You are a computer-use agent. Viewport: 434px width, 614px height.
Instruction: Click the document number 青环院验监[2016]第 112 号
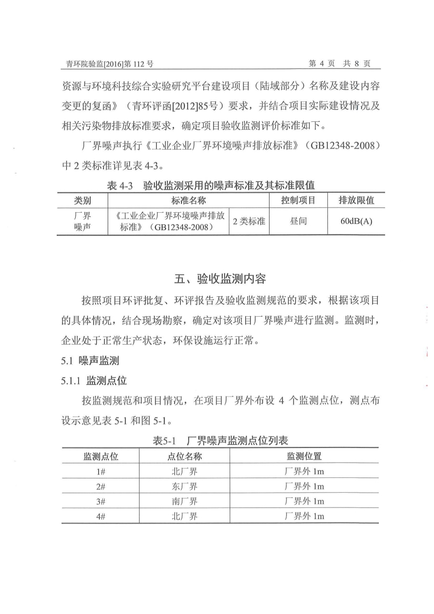point(107,64)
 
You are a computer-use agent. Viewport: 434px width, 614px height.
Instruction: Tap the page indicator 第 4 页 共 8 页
point(339,64)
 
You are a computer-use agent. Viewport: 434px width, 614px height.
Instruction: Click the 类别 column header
point(82,200)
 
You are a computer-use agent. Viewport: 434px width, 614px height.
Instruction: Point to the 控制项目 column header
point(298,200)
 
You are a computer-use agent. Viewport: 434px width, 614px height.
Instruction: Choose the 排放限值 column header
point(356,200)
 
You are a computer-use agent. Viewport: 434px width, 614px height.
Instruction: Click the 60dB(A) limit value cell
point(356,221)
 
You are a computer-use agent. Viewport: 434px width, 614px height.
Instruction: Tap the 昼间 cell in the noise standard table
point(298,221)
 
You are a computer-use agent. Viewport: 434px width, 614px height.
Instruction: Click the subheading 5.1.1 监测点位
point(94,380)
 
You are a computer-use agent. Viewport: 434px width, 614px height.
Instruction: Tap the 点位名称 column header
point(184,456)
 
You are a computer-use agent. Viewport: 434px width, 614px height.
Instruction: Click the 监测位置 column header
point(304,456)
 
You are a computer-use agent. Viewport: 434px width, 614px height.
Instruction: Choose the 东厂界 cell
point(184,486)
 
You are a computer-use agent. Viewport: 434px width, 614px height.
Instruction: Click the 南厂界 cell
point(184,502)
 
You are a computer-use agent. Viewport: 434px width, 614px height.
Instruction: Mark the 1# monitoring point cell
point(101,472)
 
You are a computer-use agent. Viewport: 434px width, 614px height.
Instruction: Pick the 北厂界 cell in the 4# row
point(184,516)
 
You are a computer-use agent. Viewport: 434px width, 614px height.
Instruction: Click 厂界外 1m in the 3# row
point(304,502)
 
